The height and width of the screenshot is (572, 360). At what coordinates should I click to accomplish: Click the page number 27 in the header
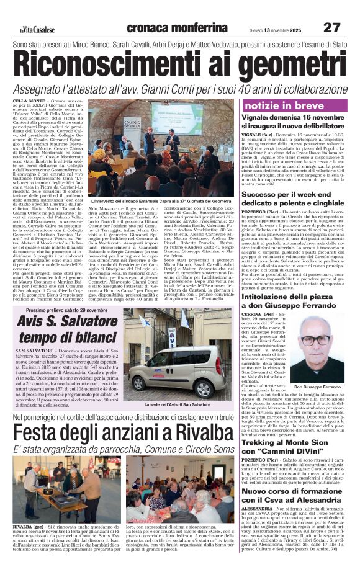332,27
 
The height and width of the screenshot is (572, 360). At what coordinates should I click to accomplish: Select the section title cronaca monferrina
176,28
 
